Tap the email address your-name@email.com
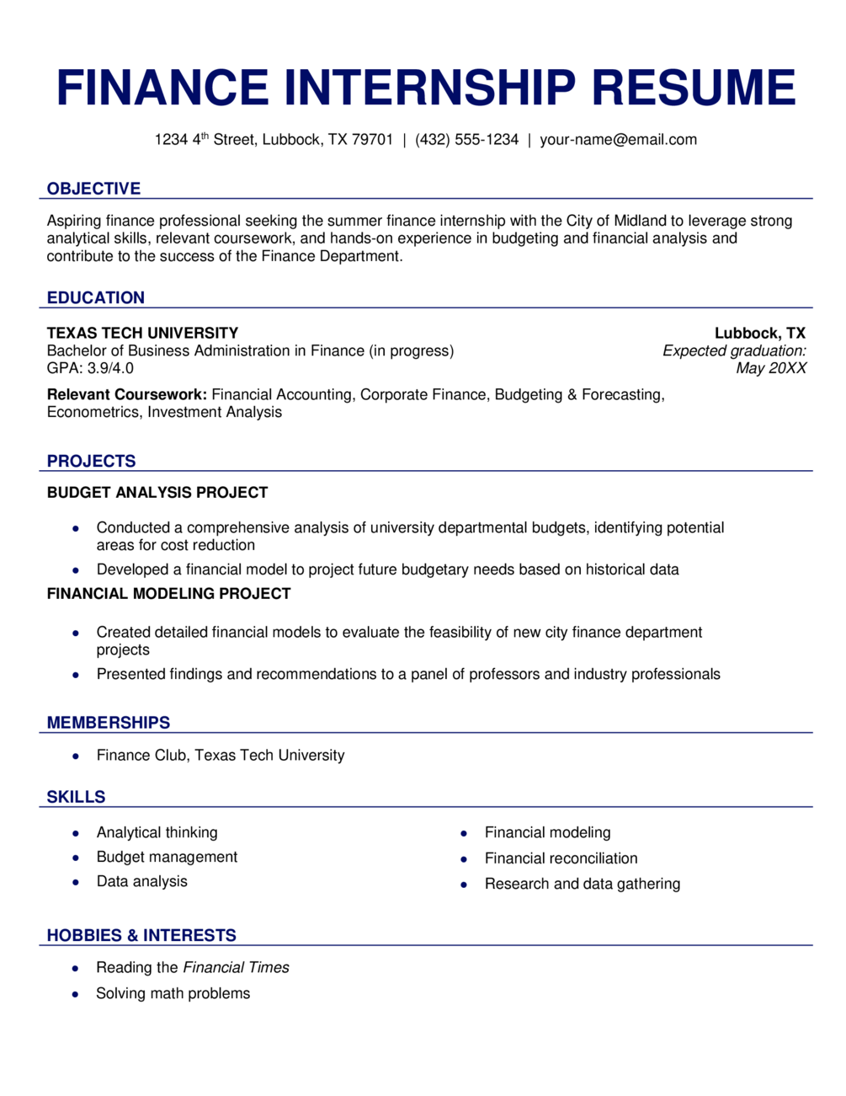coord(618,140)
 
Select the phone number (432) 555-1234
coord(466,140)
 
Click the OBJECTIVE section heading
coord(93,189)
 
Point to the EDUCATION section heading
coord(96,297)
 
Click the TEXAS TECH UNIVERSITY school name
coord(142,333)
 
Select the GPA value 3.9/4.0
coord(110,368)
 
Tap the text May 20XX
coord(770,368)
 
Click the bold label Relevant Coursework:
coord(127,394)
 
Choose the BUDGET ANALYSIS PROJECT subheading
coord(157,493)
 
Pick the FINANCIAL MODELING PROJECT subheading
coord(168,594)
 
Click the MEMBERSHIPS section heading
coord(109,723)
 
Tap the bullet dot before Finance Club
coord(76,757)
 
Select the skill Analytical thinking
coord(157,832)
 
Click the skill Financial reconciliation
coord(561,858)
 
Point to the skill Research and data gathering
coord(582,884)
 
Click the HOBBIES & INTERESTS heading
coord(141,935)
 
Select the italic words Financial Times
coord(236,968)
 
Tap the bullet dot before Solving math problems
coord(76,994)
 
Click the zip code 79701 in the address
coord(372,140)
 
